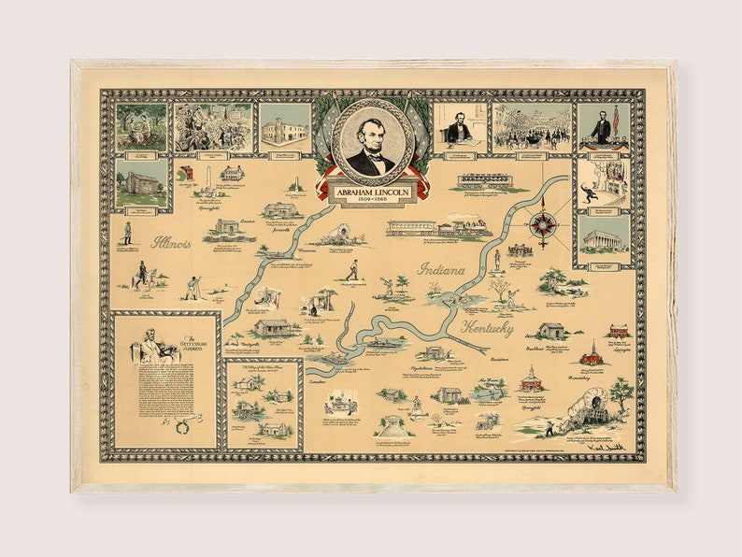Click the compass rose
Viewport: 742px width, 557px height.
(x=543, y=224)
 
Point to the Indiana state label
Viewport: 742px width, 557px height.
(x=440, y=269)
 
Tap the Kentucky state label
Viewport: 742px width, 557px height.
(x=486, y=328)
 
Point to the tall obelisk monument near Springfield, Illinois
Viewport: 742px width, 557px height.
(x=206, y=182)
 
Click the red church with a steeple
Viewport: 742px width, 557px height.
(x=590, y=354)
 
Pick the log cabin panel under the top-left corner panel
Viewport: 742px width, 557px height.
(x=141, y=184)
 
